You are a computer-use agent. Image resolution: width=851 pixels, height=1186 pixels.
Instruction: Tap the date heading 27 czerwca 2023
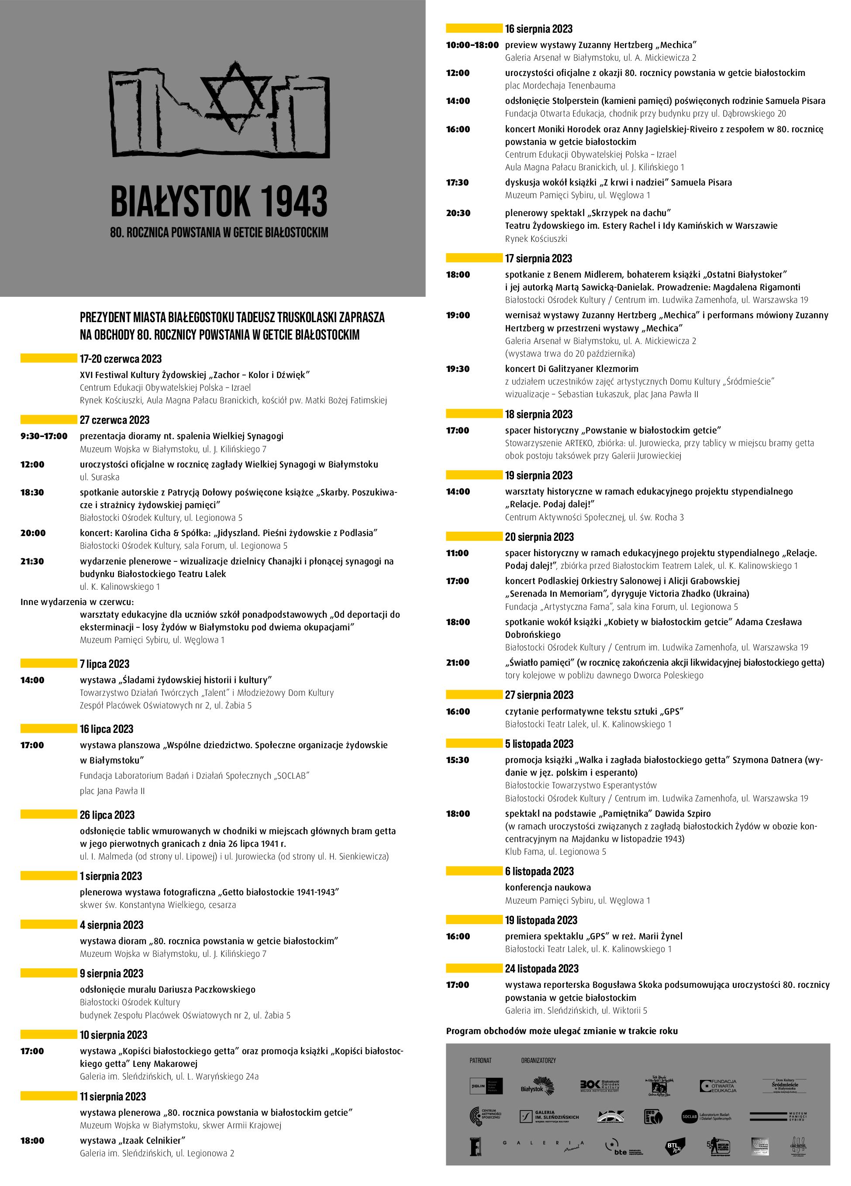114,420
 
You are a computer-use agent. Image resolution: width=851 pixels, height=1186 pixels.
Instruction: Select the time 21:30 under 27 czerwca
32,561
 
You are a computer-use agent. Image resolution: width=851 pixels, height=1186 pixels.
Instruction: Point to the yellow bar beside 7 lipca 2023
48,663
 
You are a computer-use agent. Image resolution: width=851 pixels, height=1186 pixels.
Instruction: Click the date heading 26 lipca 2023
107,815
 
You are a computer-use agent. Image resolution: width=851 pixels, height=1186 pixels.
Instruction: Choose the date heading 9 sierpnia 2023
111,973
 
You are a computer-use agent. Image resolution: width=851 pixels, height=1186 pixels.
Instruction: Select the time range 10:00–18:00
472,45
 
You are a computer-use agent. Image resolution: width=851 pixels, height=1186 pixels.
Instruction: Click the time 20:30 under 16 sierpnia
458,213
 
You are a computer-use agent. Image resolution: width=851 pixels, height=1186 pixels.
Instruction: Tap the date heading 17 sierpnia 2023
538,258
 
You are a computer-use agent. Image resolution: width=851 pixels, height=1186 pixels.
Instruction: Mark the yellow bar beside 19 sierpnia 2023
473,475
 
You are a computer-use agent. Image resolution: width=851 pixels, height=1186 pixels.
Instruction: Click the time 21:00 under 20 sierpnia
458,663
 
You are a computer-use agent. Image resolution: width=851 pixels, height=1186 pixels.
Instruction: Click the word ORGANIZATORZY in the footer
538,1060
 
